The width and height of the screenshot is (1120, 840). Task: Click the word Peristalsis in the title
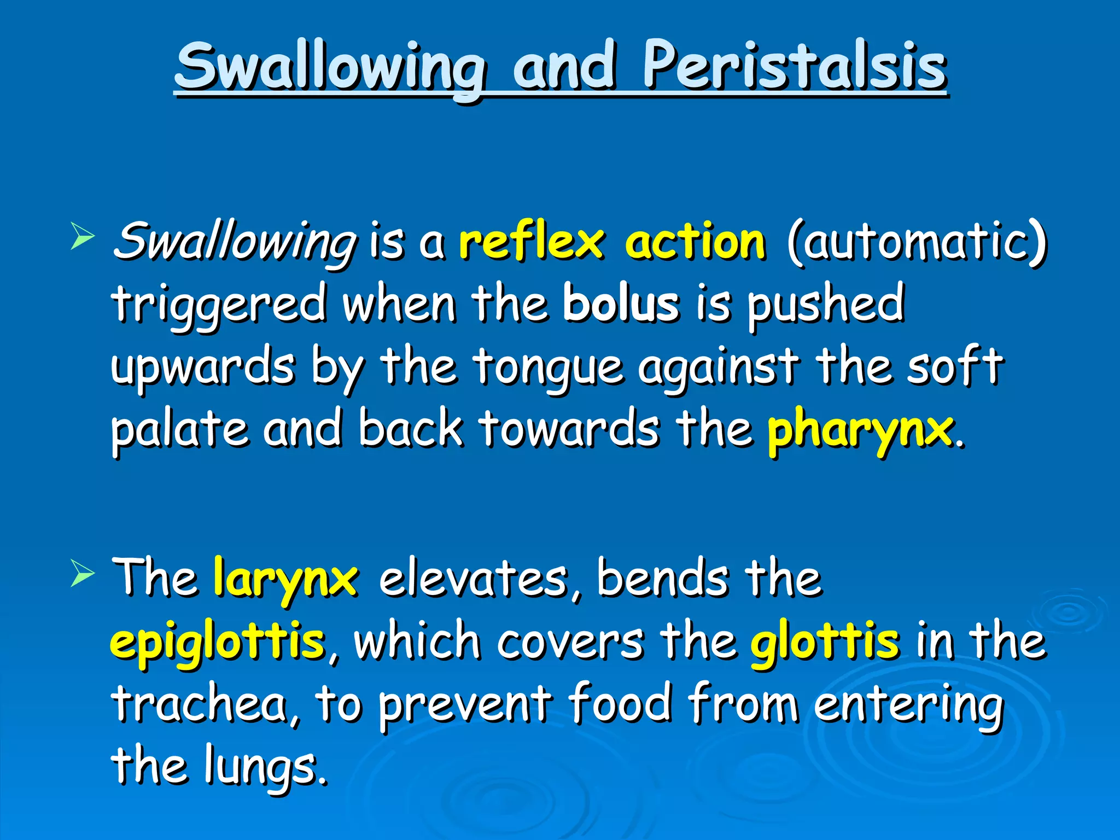[x=794, y=67]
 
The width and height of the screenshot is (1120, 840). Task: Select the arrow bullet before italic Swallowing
[x=83, y=238]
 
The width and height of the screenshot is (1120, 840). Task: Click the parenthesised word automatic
[x=917, y=242]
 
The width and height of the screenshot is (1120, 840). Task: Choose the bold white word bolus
[x=621, y=304]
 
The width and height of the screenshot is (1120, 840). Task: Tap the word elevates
[x=474, y=579]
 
